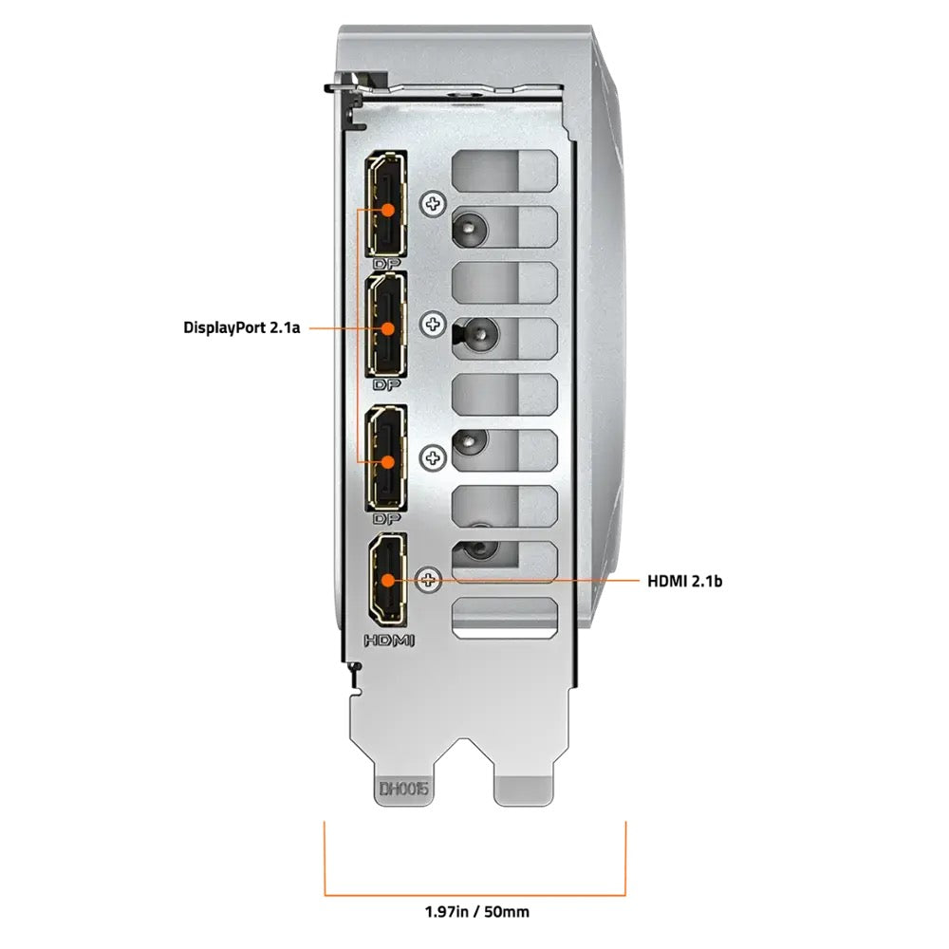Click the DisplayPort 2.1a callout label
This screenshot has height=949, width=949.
241,328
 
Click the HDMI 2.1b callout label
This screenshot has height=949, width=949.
684,581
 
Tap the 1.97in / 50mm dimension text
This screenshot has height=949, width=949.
477,911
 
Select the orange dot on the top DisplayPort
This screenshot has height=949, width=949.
388,210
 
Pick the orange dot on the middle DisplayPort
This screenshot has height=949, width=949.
388,328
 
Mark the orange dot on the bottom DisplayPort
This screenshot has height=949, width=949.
388,462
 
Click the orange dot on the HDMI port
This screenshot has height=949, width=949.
388,581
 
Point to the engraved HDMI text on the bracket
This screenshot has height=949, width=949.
389,641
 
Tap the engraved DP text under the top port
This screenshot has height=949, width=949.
387,264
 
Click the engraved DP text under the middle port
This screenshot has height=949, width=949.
387,385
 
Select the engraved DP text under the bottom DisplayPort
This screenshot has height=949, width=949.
387,519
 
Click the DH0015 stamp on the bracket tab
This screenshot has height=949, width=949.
403,789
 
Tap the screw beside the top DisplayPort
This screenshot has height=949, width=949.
433,204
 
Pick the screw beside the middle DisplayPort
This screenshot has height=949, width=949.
433,325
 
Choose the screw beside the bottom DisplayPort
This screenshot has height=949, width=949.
433,457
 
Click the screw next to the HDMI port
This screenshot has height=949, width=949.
429,581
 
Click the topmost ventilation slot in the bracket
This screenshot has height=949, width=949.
504,171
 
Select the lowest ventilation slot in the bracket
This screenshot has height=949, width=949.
504,618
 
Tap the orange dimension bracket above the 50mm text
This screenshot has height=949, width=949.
475,895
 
